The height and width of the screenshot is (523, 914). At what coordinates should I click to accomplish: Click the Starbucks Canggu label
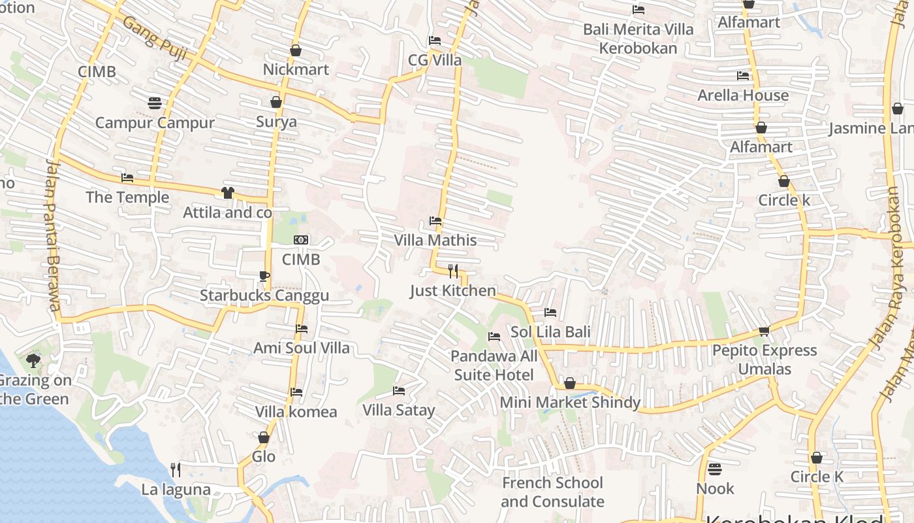264,295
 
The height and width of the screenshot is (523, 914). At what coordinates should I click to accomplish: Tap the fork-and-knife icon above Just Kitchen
453,271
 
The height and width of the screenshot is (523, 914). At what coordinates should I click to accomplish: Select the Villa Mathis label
435,240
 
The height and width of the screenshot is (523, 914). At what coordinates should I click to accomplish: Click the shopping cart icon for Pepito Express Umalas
764,331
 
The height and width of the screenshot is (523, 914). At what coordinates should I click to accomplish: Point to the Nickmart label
296,69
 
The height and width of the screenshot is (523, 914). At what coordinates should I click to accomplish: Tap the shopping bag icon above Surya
276,102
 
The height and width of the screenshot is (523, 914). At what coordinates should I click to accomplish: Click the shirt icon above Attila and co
227,192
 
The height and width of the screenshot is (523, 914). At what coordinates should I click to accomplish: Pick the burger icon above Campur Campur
155,103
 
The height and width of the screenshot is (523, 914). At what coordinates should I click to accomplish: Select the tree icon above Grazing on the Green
33,360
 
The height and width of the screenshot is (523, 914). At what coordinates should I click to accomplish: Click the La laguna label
176,490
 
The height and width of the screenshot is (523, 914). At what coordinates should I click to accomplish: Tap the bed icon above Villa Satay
399,391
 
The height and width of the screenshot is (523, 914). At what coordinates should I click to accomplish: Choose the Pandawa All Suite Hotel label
494,365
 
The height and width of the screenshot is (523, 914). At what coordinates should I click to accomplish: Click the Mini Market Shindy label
570,402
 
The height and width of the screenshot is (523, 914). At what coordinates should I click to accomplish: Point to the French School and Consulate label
552,492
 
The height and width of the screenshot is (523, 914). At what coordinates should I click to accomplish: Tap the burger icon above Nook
715,469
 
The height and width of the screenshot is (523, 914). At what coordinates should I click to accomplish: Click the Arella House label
743,95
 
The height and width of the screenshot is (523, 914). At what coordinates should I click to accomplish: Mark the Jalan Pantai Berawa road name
52,235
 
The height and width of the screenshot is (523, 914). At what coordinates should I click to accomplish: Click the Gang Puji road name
155,40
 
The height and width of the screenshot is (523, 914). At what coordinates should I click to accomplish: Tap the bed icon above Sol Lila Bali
550,312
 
